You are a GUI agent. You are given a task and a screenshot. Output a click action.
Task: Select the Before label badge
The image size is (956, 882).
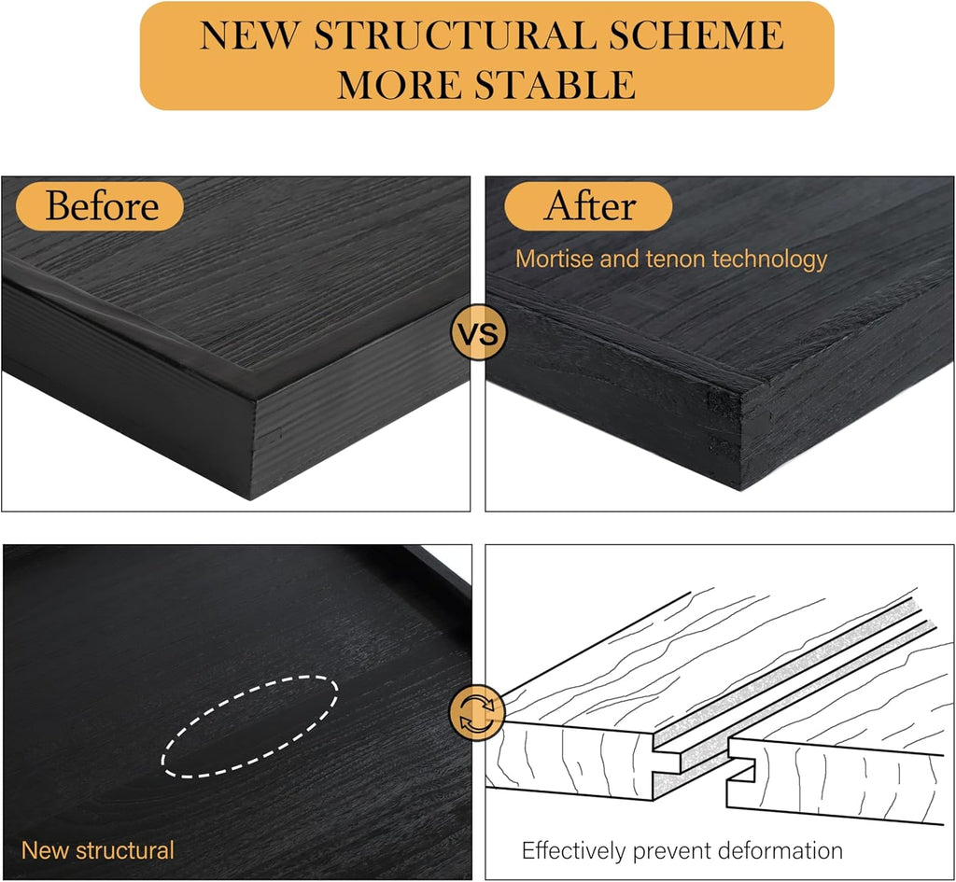[102, 205]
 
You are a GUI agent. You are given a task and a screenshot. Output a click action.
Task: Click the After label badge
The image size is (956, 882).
[589, 205]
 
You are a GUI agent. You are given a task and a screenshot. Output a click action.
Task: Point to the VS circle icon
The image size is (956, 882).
[478, 332]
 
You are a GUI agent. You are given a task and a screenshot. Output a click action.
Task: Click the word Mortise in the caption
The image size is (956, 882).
[555, 259]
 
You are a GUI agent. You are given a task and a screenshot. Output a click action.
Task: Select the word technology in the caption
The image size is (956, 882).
[769, 259]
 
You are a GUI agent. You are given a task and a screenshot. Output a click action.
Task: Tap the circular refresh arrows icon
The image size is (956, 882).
[478, 714]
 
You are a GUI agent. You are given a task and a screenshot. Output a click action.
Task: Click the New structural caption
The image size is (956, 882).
[97, 850]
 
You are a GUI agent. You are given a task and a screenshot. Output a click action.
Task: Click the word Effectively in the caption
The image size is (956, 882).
[573, 850]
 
